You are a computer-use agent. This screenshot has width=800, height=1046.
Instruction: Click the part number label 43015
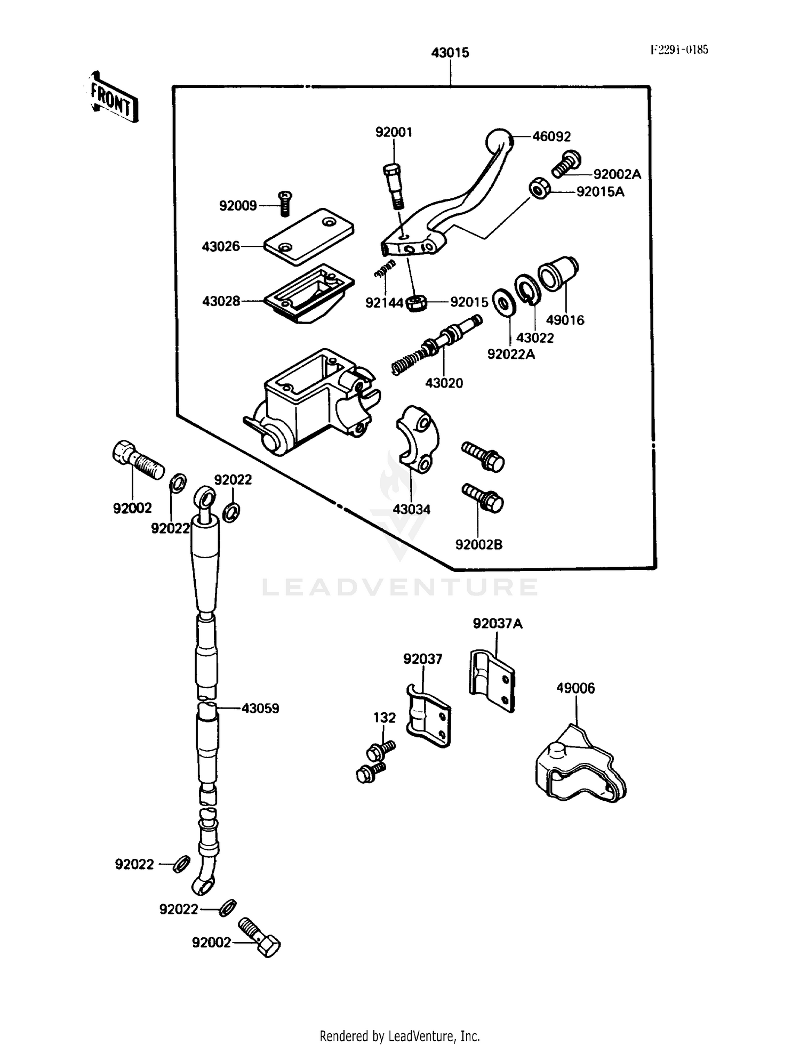[x=450, y=53]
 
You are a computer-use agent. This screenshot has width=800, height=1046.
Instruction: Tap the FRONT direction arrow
[x=112, y=99]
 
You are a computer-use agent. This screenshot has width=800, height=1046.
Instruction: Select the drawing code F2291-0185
[x=679, y=50]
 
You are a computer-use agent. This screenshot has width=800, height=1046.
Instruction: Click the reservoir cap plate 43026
[x=309, y=236]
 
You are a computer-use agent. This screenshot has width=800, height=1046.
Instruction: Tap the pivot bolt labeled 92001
[x=394, y=186]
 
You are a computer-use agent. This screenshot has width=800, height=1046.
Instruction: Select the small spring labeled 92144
[x=385, y=268]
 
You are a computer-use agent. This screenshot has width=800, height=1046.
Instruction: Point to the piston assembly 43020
[x=437, y=345]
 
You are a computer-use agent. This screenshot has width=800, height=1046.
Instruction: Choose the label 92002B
[x=478, y=545]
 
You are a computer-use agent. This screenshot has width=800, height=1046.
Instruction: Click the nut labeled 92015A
[x=539, y=189]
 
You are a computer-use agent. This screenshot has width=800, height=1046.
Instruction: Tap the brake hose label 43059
[x=260, y=709]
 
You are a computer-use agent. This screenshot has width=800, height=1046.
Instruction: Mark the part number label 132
[x=385, y=718]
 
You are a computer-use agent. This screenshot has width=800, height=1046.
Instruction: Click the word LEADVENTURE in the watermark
[x=400, y=588]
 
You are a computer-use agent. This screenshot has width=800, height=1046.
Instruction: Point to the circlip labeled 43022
[x=527, y=290]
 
